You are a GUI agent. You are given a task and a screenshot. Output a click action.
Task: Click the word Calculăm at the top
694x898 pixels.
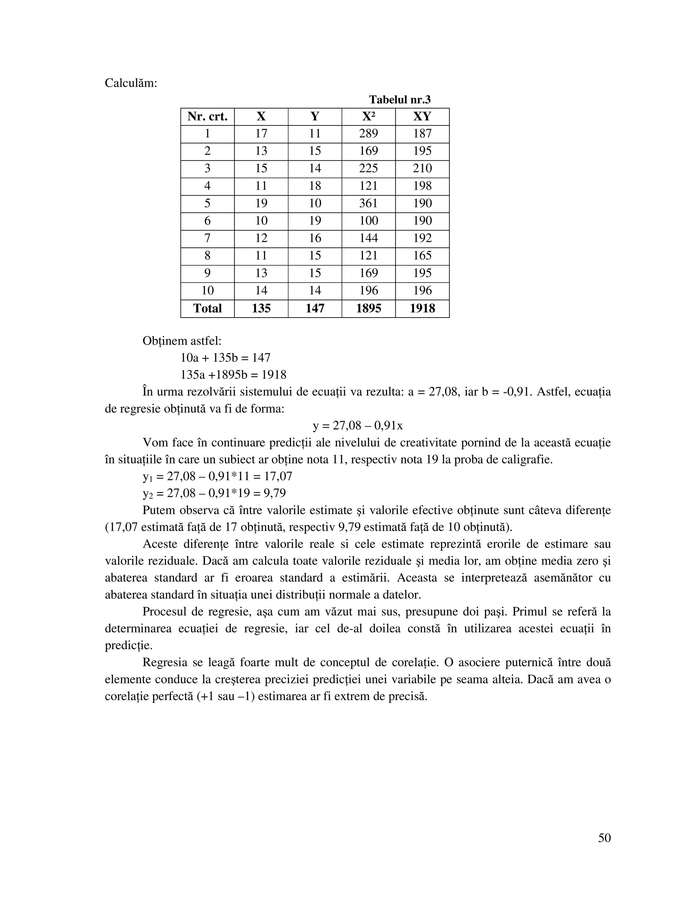[131, 83]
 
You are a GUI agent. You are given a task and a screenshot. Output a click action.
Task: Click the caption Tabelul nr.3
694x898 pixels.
[400, 100]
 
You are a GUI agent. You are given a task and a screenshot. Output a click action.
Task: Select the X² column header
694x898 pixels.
[368, 117]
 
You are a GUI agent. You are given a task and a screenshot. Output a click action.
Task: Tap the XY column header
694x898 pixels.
[422, 117]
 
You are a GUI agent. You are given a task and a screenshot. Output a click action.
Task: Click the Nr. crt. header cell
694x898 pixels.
[207, 117]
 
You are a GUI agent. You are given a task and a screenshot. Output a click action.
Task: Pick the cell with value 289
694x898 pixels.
[368, 134]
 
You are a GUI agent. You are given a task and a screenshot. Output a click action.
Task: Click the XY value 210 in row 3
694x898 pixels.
[422, 168]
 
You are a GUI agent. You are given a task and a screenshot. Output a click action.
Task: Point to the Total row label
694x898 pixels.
[207, 308]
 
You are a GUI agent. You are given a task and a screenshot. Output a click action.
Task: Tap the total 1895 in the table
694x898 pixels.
[368, 308]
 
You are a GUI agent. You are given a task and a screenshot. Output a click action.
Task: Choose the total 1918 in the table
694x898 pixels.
[422, 308]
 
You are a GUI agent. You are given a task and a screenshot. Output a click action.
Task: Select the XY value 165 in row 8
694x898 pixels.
[422, 256]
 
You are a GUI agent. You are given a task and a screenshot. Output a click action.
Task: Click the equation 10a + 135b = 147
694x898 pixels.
[225, 358]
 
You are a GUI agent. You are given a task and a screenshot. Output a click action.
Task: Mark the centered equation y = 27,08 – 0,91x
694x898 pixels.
[358, 426]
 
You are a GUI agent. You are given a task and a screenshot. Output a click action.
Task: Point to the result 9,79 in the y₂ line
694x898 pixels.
[274, 493]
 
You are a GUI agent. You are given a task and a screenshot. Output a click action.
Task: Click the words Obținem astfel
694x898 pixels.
[182, 341]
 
